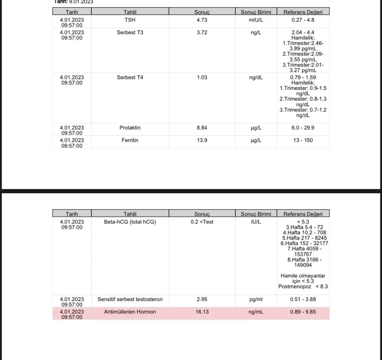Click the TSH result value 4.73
pyautogui.click(x=202, y=20)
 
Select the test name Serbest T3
pyautogui.click(x=130, y=32)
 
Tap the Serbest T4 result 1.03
pyautogui.click(x=202, y=78)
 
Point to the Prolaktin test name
pyautogui.click(x=130, y=128)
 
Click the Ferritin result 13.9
pyautogui.click(x=202, y=140)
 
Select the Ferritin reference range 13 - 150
pyautogui.click(x=303, y=140)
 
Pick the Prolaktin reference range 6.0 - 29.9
pyautogui.click(x=303, y=128)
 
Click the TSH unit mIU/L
pyautogui.click(x=256, y=20)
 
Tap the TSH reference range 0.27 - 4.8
pyautogui.click(x=303, y=20)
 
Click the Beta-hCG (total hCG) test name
pyautogui.click(x=130, y=222)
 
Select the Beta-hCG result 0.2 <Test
pyautogui.click(x=202, y=222)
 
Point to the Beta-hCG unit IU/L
pyautogui.click(x=256, y=222)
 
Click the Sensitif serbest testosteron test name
pyautogui.click(x=130, y=299)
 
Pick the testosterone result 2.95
pyautogui.click(x=202, y=299)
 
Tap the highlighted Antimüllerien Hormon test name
pyautogui.click(x=130, y=312)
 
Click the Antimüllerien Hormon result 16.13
pyautogui.click(x=202, y=312)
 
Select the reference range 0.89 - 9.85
pyautogui.click(x=303, y=312)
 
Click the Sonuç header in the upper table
pyautogui.click(x=202, y=12)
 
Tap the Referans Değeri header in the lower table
pyautogui.click(x=303, y=214)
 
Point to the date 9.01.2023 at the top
pyautogui.click(x=81, y=1)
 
